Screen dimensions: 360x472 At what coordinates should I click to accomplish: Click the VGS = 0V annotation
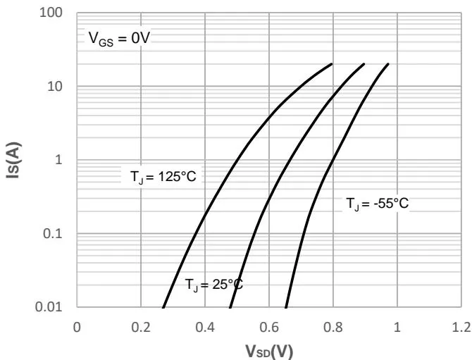(x=119, y=38)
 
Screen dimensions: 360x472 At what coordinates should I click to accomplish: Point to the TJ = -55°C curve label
(x=377, y=204)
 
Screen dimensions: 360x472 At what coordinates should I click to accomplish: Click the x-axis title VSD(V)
(x=269, y=350)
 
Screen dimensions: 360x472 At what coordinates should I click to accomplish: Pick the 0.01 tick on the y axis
(x=54, y=307)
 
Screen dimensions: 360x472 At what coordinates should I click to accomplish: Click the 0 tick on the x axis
(x=77, y=327)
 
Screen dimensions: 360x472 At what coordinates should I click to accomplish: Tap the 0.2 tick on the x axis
(x=141, y=327)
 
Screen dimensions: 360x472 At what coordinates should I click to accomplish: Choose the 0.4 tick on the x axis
(x=205, y=327)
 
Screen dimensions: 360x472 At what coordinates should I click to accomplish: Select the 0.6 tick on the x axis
(x=269, y=327)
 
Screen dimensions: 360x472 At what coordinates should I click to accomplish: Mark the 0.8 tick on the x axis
(x=333, y=327)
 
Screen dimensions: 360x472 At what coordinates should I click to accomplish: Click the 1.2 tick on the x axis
(x=461, y=327)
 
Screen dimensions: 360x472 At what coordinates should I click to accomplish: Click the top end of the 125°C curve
(x=332, y=64)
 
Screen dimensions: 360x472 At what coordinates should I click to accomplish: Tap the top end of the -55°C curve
(x=388, y=64)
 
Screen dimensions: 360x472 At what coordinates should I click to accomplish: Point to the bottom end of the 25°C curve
(x=230, y=307)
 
